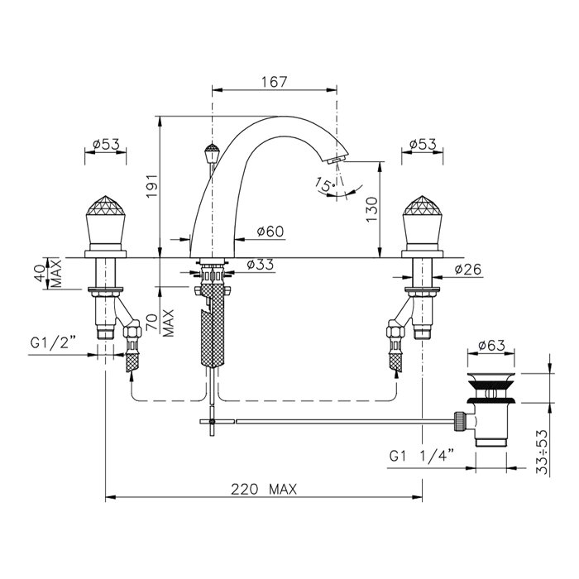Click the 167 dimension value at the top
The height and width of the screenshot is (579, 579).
point(275,81)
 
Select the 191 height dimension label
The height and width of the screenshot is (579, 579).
point(151,185)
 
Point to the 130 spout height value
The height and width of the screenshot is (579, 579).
point(372,209)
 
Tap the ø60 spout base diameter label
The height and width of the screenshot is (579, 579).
point(270,232)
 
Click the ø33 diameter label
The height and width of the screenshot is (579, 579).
point(261,265)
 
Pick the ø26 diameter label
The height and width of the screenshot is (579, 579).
point(468,270)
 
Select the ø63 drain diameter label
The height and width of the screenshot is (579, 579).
point(491,346)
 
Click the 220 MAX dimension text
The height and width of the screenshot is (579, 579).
point(264,490)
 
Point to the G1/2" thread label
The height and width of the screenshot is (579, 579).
point(53,343)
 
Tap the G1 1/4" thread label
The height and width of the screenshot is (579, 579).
point(421,457)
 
